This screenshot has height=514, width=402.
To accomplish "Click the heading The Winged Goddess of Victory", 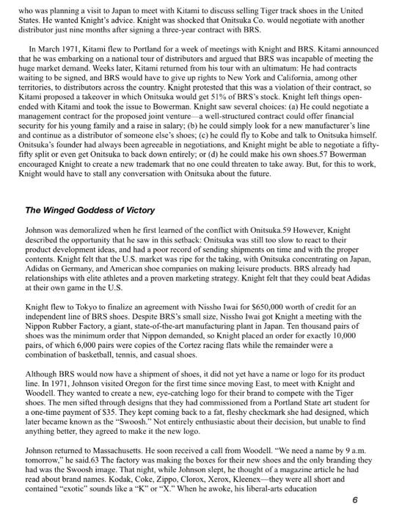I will click(90, 209).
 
